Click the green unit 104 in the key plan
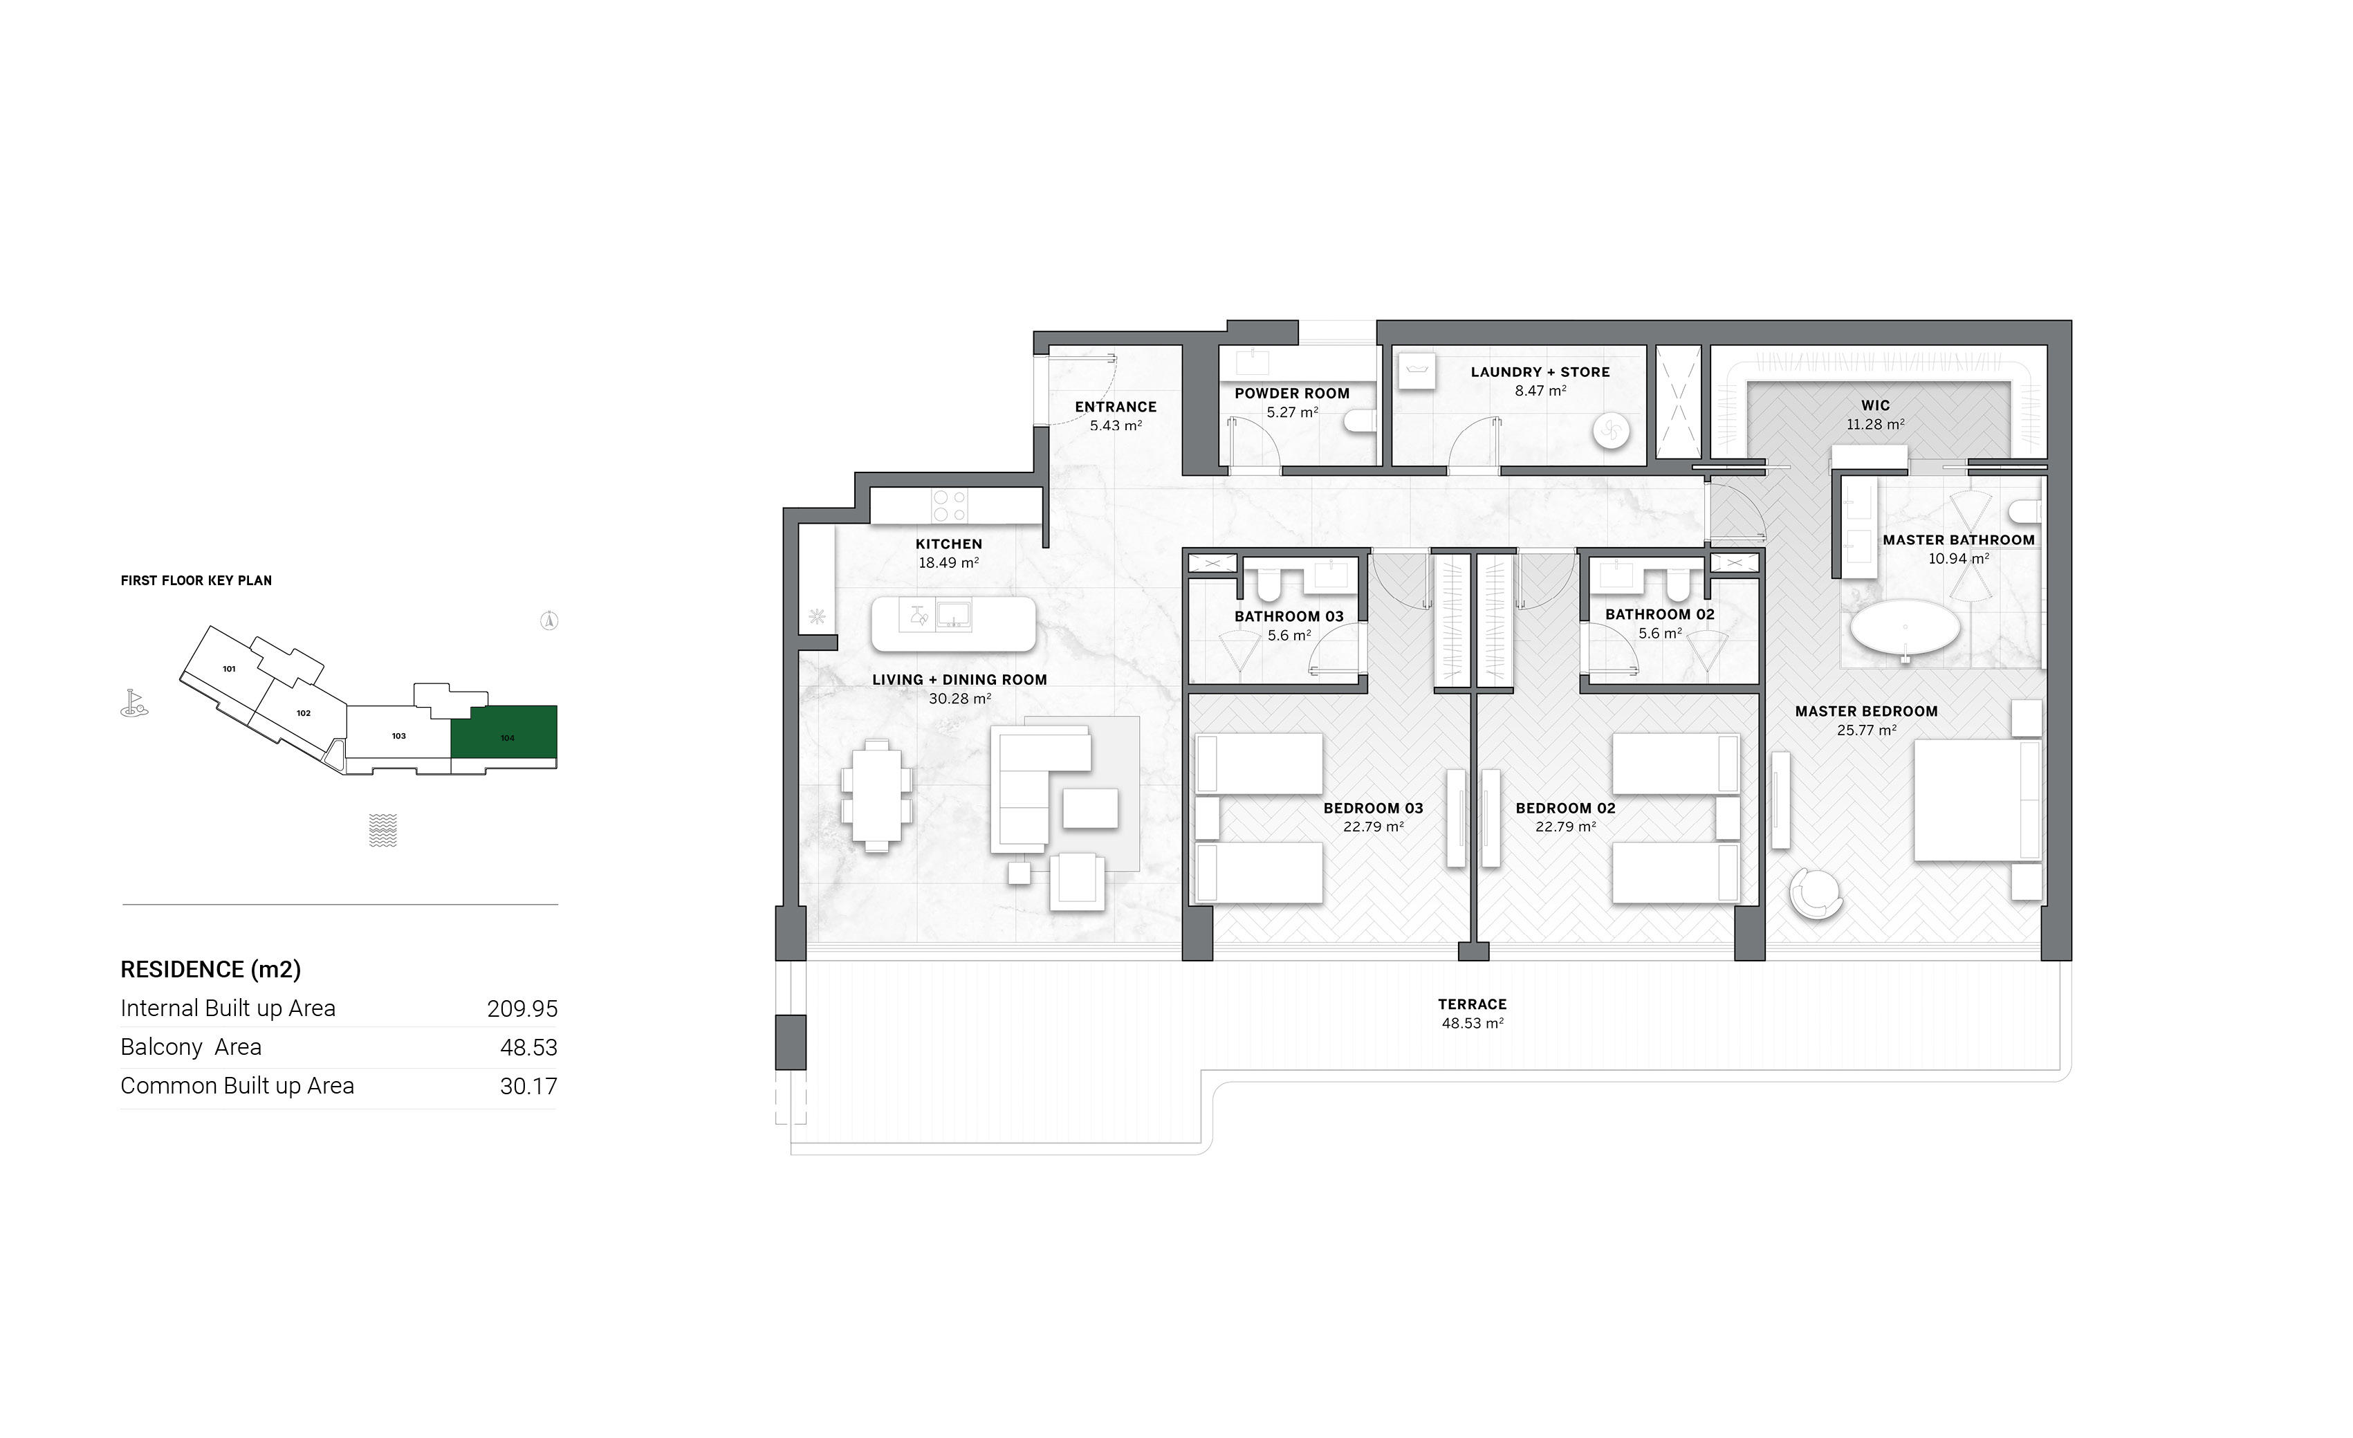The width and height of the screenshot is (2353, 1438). click(x=504, y=732)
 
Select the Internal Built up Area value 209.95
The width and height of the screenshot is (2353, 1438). click(x=522, y=1009)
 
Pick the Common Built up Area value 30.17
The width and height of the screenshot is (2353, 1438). click(x=528, y=1087)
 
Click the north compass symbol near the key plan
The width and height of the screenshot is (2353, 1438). click(x=549, y=620)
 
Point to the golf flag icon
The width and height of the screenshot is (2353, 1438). click(x=133, y=703)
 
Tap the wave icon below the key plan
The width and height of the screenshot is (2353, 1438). click(x=383, y=831)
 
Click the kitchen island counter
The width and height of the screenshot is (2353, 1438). click(x=953, y=623)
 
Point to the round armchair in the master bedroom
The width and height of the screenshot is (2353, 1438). click(x=1816, y=894)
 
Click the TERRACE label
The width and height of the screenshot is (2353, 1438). click(x=1473, y=1004)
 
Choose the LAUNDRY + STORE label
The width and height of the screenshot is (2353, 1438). click(x=1540, y=372)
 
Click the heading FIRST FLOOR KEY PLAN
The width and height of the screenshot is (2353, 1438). click(x=196, y=580)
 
